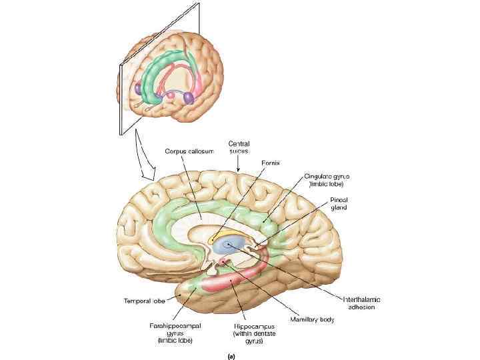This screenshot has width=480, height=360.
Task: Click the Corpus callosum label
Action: coord(189,151)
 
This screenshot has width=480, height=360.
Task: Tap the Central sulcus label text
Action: coord(239,147)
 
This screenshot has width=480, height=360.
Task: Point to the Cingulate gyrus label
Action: coord(327,180)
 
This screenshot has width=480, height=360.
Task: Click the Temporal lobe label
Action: coord(143,301)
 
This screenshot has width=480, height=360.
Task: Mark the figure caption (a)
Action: coord(231,356)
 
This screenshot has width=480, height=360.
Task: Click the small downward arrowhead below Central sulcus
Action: coord(239,167)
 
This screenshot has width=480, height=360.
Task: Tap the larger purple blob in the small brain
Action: coord(189,98)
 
